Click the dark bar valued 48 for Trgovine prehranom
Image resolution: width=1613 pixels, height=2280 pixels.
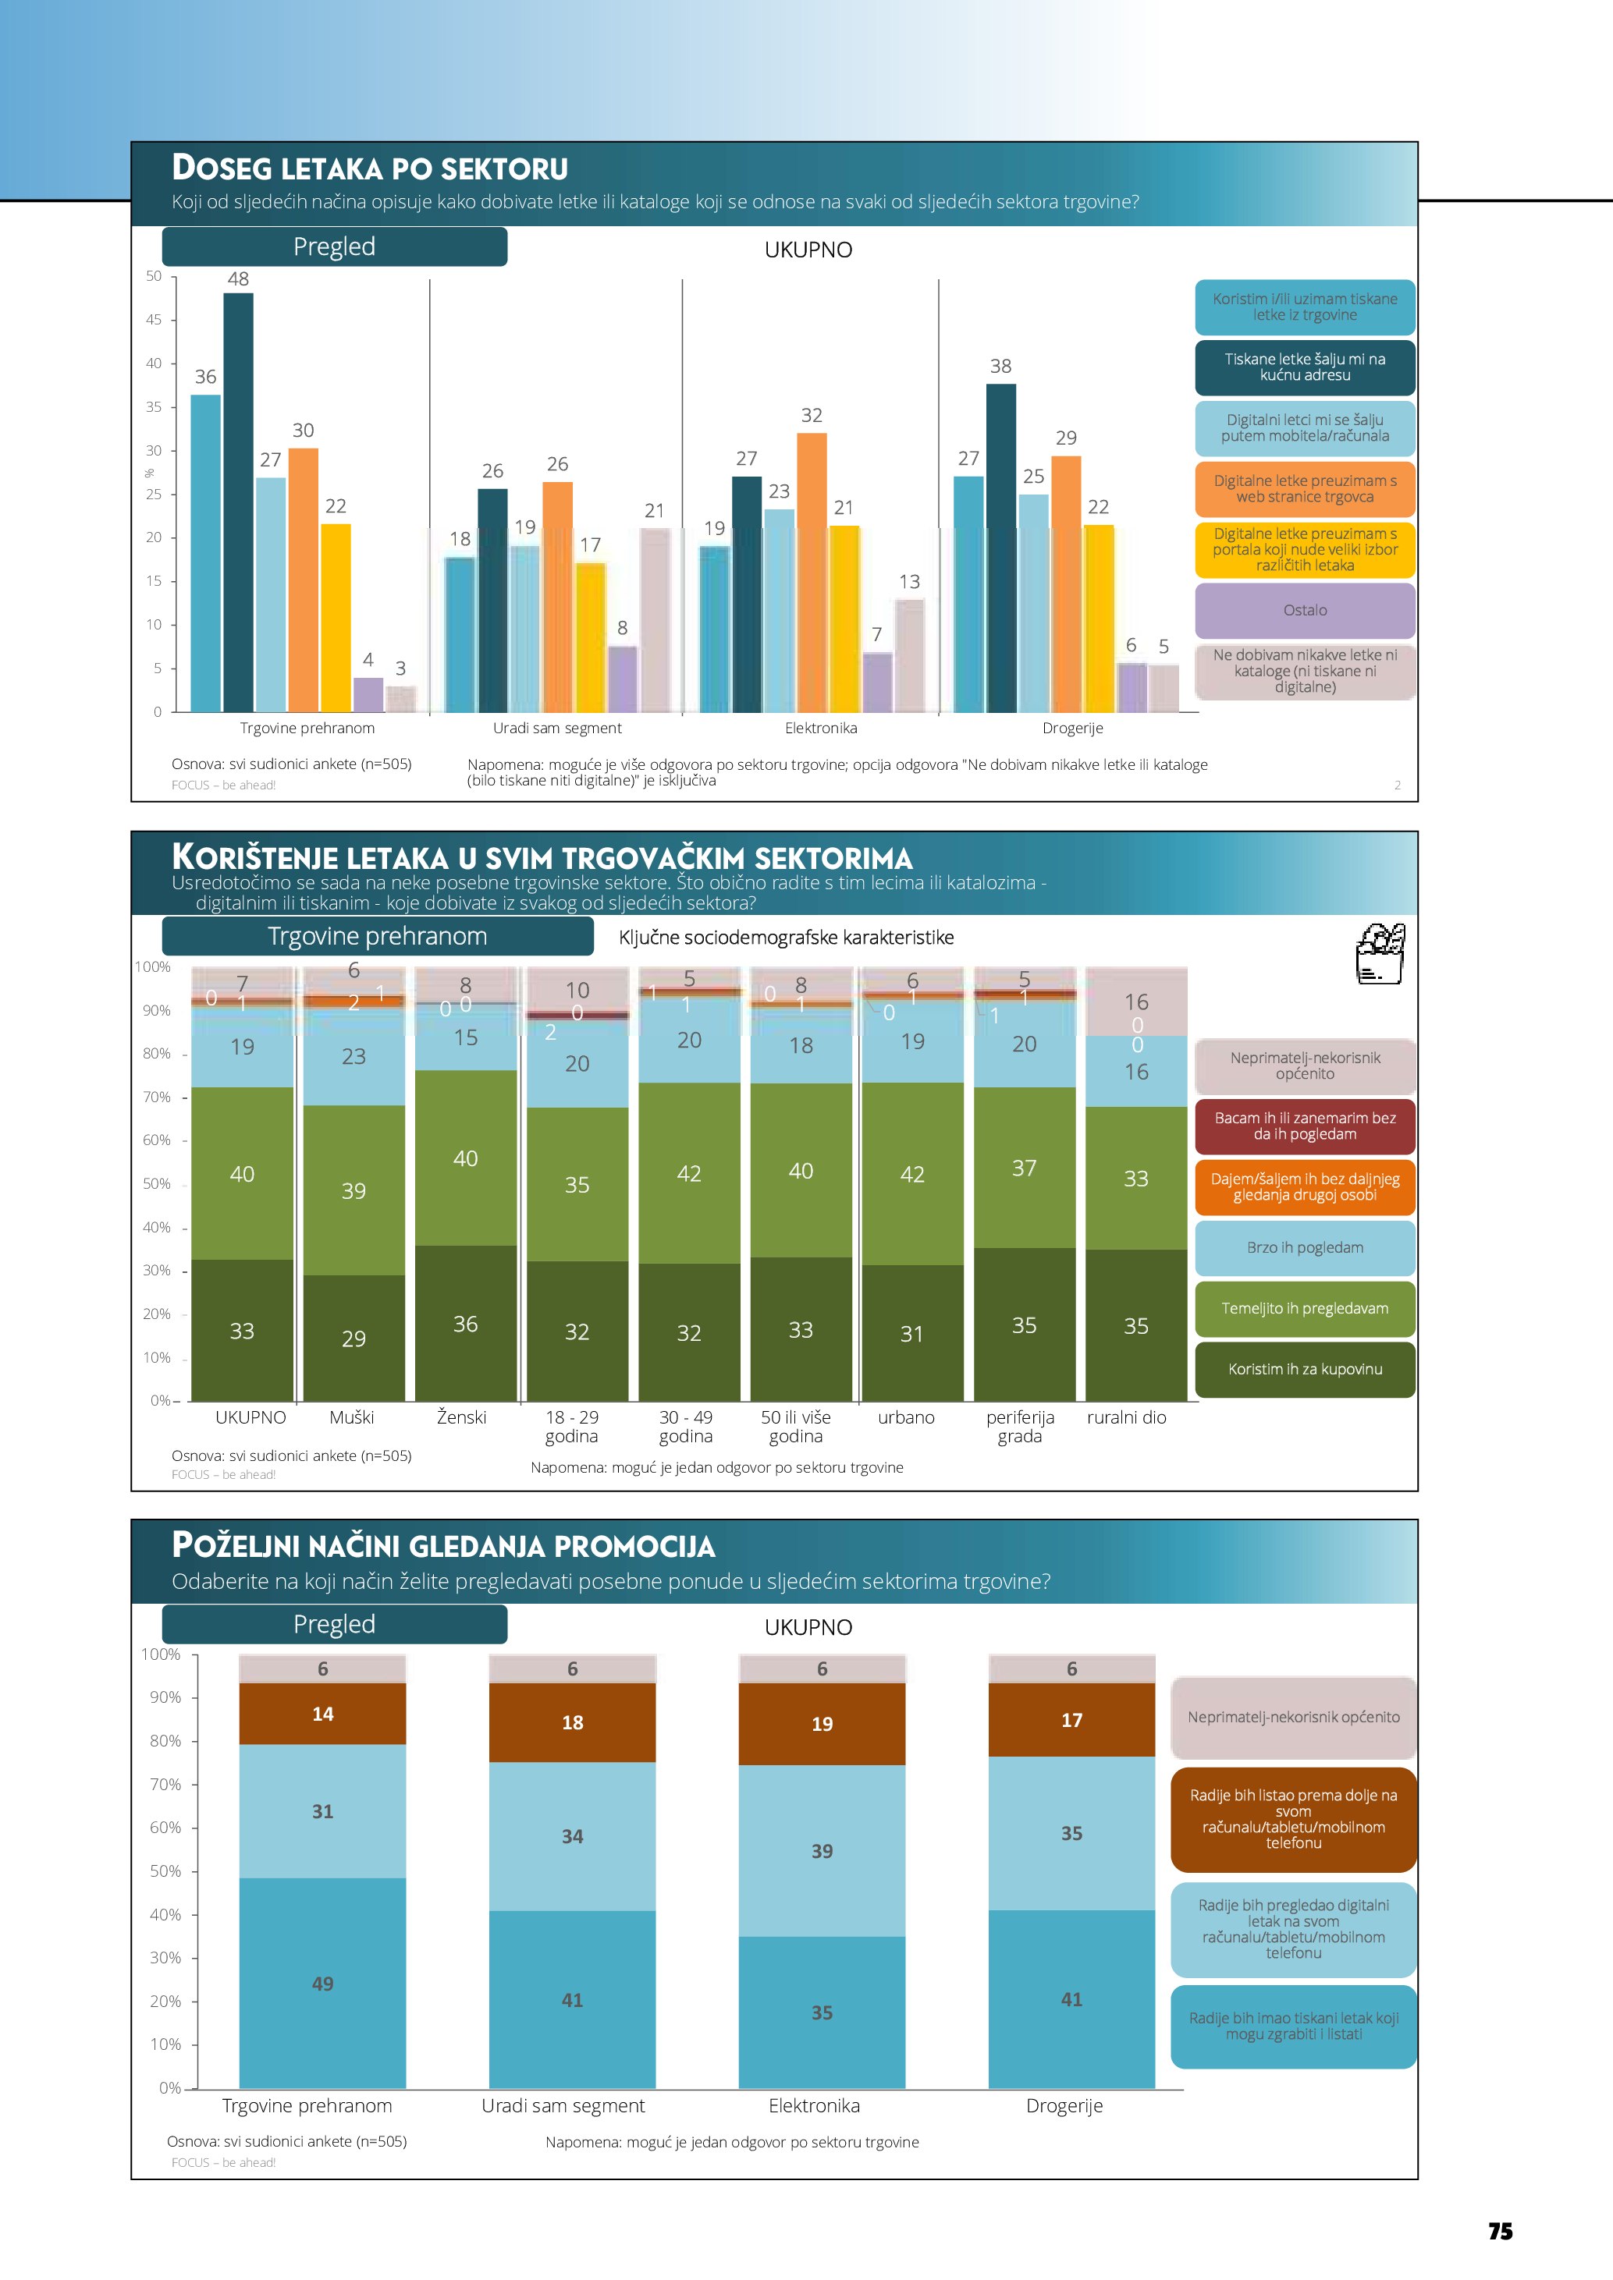(238, 502)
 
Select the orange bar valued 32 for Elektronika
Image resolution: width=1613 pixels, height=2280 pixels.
(812, 572)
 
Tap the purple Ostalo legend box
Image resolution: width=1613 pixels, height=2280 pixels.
(1304, 611)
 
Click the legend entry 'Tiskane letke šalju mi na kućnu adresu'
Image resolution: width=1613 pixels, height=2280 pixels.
(1304, 367)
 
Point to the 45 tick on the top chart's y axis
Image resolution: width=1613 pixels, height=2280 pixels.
(154, 320)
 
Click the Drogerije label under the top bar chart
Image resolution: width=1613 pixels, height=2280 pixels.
(1073, 728)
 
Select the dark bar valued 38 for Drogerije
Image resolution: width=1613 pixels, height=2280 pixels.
(1000, 547)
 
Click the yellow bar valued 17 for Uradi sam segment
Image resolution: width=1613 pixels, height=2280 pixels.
(590, 636)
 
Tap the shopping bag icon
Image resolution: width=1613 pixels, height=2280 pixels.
(1380, 953)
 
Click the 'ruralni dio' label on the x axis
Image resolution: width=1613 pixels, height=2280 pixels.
(1126, 1417)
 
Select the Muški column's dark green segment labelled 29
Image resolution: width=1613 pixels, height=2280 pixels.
(354, 1338)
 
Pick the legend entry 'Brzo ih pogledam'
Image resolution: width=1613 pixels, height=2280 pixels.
(1304, 1247)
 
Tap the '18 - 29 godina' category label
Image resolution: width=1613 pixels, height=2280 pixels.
(572, 1426)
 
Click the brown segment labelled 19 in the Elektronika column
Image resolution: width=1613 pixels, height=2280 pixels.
(822, 1724)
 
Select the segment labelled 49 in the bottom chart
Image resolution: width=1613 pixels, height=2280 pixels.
(323, 1983)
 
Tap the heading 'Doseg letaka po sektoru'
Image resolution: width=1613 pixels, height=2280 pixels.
(369, 168)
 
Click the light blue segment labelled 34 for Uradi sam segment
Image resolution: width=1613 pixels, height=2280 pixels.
(572, 1836)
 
